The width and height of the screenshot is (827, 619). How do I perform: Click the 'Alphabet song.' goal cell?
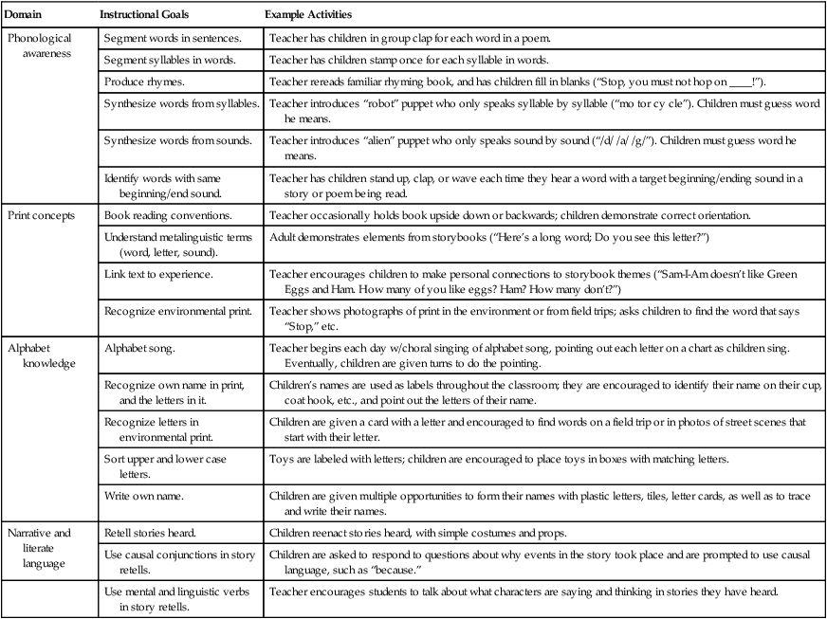click(x=137, y=348)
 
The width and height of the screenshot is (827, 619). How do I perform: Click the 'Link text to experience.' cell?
click(x=157, y=273)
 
